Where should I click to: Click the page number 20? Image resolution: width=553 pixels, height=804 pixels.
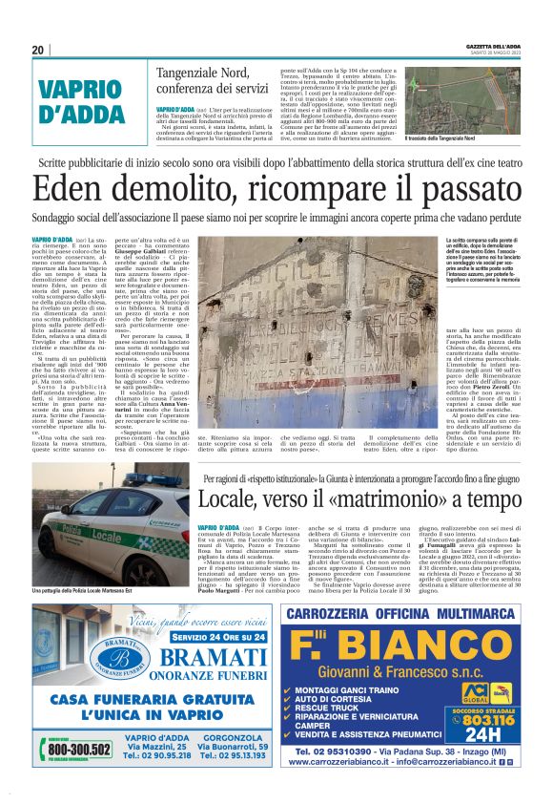click(37, 50)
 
